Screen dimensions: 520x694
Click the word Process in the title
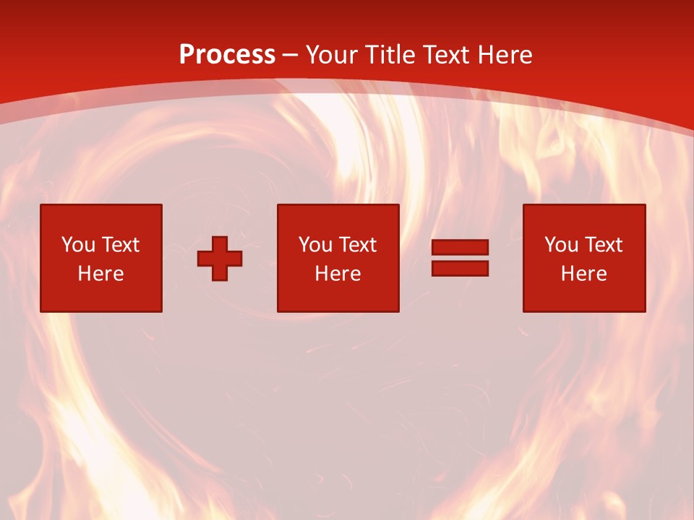coord(227,55)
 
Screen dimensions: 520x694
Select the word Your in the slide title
coord(333,55)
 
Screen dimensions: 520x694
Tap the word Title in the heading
coord(391,55)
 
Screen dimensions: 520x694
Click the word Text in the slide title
coord(450,55)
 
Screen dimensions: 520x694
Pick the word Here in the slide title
coord(507,55)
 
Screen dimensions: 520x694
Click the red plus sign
coord(220,259)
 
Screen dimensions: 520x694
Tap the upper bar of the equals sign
coord(460,248)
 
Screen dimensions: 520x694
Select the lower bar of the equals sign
coord(460,268)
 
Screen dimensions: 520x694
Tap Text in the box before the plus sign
coord(120,245)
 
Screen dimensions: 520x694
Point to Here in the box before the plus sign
coord(101,274)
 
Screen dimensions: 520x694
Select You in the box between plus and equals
coord(316,245)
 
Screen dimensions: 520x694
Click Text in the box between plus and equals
coord(357,245)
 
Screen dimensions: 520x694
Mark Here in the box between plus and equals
coord(338,274)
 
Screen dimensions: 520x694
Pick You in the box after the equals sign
coord(562,245)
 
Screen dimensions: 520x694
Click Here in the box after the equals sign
coord(584,274)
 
